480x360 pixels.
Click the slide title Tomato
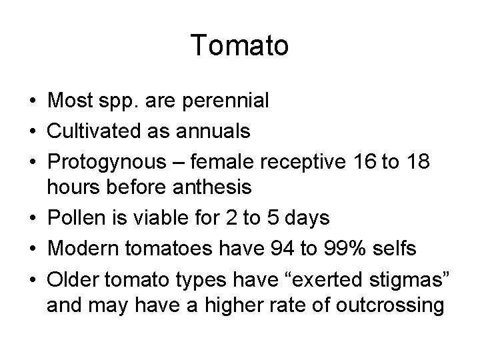[x=239, y=46]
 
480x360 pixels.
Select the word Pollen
[x=73, y=219]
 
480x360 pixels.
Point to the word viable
[x=145, y=219]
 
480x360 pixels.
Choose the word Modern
[x=78, y=249]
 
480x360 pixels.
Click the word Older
[x=69, y=279]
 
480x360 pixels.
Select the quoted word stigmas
[x=404, y=279]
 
